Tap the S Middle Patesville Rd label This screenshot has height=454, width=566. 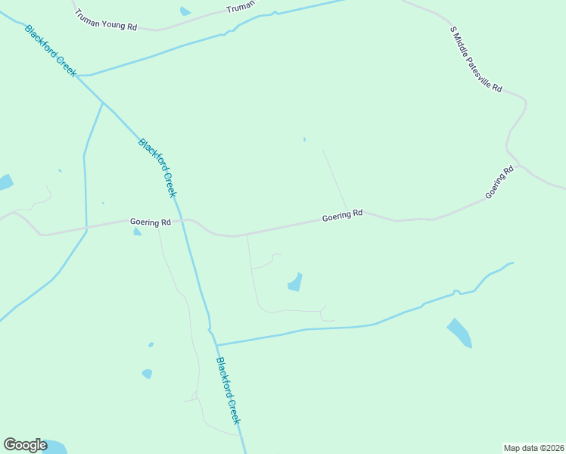(x=476, y=60)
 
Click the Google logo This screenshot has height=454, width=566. (x=25, y=445)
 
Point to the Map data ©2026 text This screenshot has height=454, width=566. (x=533, y=447)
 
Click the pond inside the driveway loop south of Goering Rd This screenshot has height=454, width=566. (x=295, y=282)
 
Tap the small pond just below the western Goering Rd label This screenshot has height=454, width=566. (x=137, y=232)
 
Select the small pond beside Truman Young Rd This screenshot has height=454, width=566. (x=185, y=11)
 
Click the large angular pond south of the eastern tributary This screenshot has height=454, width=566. (x=459, y=332)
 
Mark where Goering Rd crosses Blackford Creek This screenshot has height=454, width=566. (x=181, y=220)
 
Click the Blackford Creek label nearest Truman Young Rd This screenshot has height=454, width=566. (x=51, y=51)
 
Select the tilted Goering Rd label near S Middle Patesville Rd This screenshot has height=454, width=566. (x=500, y=182)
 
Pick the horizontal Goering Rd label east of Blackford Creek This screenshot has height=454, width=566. (x=342, y=216)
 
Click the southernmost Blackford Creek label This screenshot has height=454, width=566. (x=228, y=390)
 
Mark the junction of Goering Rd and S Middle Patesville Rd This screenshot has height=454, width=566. (x=518, y=164)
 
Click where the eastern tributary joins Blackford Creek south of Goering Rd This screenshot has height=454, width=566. (x=216, y=345)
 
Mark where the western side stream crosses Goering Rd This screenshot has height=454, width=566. (x=86, y=226)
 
